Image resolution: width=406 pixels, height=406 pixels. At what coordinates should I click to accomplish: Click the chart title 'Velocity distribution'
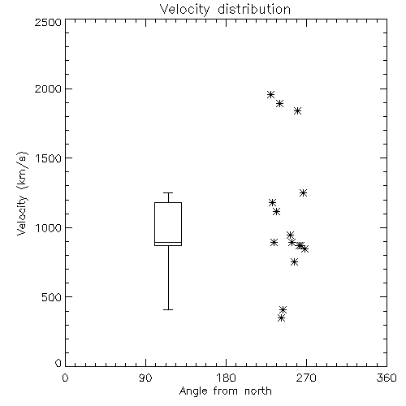(x=225, y=9)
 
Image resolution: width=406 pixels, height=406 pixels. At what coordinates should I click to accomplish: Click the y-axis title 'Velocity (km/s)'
(x=22, y=193)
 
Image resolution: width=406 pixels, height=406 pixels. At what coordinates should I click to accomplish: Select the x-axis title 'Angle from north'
(x=225, y=391)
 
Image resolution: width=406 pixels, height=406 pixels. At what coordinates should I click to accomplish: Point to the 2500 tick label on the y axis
(x=48, y=22)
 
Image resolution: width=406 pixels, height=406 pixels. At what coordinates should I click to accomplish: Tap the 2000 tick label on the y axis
(x=48, y=89)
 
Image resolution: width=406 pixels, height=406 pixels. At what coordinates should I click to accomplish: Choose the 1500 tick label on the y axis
(x=49, y=158)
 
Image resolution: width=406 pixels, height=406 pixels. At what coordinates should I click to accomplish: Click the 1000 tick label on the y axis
(x=49, y=228)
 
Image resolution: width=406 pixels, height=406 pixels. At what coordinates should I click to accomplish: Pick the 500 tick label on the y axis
(x=52, y=297)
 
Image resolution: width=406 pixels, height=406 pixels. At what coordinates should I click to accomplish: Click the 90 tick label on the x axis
(x=145, y=378)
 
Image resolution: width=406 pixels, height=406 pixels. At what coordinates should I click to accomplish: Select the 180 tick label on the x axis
(x=226, y=378)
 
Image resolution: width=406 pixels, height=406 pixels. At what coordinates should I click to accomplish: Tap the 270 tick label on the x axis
(x=306, y=378)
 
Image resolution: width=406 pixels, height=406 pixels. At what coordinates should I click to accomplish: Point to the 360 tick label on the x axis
(x=387, y=378)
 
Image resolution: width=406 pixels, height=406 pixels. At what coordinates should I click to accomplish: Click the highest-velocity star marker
(x=270, y=94)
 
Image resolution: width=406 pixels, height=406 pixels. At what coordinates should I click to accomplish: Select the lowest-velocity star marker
(x=282, y=317)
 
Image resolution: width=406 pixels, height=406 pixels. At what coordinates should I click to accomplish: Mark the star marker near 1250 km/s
(x=303, y=192)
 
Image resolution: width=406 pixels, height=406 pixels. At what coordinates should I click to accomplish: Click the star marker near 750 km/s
(x=295, y=261)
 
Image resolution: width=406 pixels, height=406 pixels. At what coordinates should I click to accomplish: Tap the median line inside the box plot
(x=168, y=242)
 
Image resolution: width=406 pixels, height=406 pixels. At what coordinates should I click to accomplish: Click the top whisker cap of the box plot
(x=168, y=192)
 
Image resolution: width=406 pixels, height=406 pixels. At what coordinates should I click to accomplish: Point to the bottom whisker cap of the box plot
(x=168, y=309)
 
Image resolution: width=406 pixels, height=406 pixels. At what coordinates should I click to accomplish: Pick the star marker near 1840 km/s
(x=298, y=110)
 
